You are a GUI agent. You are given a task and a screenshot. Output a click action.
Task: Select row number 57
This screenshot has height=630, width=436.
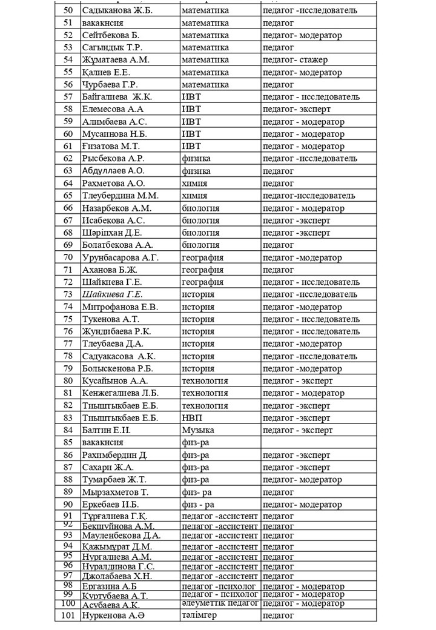(68, 97)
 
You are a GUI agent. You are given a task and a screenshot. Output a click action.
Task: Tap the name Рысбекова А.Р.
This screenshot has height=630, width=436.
(113, 159)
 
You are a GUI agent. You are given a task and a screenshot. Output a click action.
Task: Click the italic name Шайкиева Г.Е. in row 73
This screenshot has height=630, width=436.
(113, 294)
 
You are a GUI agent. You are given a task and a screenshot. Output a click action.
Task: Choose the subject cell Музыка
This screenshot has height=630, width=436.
(198, 430)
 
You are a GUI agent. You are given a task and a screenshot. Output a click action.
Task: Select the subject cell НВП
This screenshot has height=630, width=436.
(192, 418)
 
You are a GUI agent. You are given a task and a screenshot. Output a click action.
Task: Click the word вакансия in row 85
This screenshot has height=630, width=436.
(103, 443)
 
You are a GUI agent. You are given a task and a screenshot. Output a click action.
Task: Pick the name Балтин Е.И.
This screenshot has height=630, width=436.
(107, 430)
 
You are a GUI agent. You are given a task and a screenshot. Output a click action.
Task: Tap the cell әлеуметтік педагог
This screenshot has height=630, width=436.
(220, 603)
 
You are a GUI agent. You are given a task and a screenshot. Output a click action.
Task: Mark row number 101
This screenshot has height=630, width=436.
(68, 615)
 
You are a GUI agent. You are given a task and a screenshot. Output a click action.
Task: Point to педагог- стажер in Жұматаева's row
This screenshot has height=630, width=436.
(296, 60)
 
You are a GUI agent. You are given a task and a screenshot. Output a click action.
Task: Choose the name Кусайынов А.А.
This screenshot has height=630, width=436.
(115, 381)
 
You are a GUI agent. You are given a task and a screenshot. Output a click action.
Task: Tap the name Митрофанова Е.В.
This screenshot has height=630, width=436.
(120, 307)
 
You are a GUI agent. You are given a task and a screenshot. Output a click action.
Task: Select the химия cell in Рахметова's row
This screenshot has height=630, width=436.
(194, 183)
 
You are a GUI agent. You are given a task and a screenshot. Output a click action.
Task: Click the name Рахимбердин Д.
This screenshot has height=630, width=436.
(115, 455)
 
